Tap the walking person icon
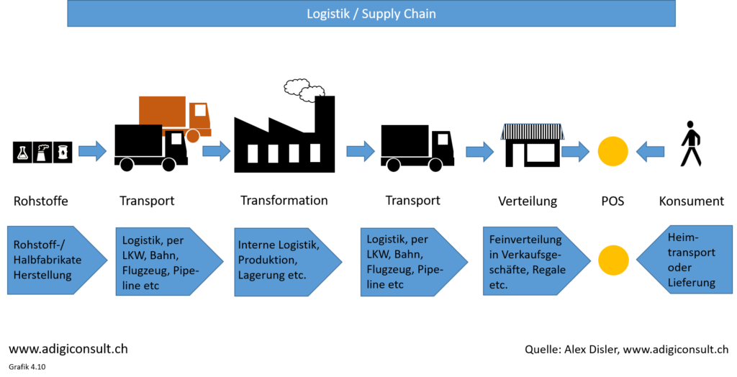pos(690,144)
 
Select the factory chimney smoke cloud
pos(304,90)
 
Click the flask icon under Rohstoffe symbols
pos(22,153)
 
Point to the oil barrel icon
pos(63,153)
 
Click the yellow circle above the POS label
pos(613,152)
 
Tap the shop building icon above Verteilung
pos(532,145)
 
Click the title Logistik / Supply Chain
pos(371,14)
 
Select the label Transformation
pos(284,200)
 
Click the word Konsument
pos(692,201)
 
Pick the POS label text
pos(613,201)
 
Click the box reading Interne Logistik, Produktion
pos(288,262)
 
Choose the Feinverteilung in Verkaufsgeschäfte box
pos(536,261)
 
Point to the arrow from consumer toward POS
pos(650,152)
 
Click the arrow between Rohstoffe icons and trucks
pos(93,151)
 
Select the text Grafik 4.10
pos(27,367)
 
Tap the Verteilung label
pos(528,201)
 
